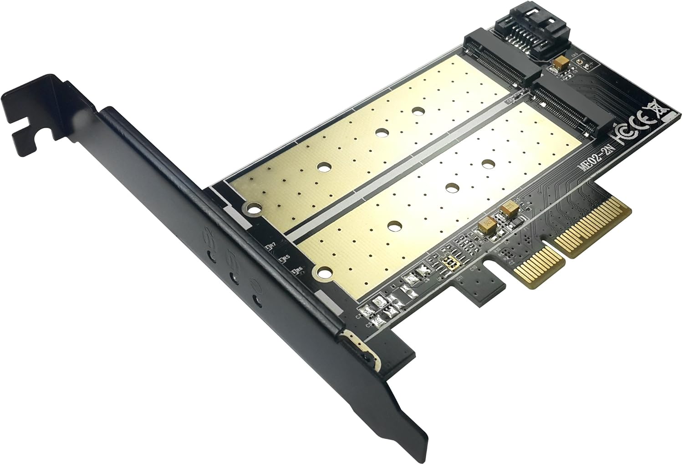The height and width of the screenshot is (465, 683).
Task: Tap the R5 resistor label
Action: coord(286,258)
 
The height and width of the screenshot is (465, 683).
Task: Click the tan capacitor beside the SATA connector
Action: coord(561,62)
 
